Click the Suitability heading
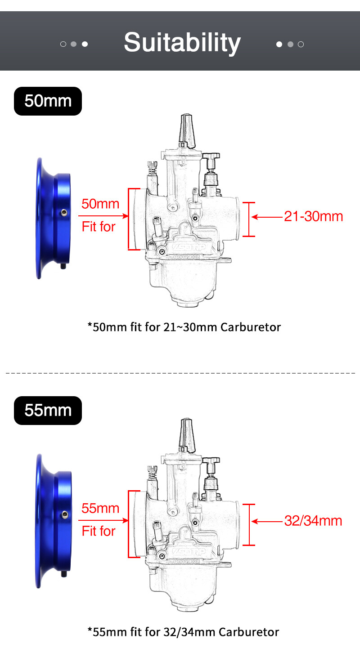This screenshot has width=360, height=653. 182,43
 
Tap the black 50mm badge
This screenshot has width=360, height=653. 48,101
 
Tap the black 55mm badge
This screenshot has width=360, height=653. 48,410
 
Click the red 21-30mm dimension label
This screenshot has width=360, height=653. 313,217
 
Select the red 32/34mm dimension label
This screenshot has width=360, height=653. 313,521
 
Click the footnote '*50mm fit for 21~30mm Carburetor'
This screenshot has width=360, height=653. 184,327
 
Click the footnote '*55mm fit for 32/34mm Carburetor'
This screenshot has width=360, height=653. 183,632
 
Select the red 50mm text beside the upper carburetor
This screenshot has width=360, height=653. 100,204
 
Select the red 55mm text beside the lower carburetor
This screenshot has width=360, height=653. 100,509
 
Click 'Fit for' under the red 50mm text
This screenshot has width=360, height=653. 99,226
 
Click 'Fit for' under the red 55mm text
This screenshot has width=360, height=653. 99,531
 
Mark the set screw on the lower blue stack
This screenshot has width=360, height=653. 65,514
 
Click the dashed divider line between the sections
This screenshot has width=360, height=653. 180,373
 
